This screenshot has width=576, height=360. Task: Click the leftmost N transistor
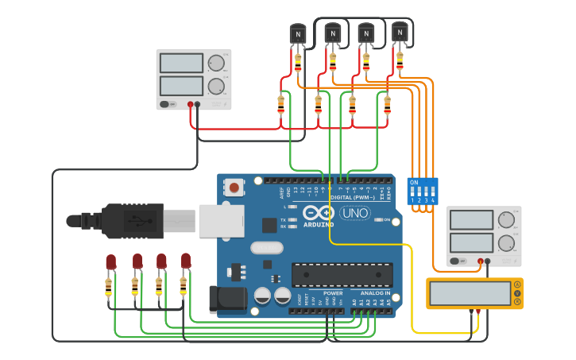tap(298, 33)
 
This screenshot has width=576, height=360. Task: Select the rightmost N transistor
tap(400, 32)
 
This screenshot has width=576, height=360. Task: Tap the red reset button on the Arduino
tap(234, 188)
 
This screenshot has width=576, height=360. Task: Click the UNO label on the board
tap(354, 213)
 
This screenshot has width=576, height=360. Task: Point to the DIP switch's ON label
tap(414, 182)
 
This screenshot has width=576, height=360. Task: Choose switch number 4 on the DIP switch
tap(432, 193)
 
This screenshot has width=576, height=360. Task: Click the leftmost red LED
tap(110, 261)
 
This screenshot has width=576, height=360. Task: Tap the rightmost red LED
tap(186, 261)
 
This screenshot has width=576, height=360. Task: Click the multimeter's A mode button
tap(518, 284)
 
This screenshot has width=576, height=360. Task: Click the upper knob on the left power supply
tap(215, 64)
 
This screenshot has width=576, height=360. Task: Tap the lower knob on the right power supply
tap(506, 242)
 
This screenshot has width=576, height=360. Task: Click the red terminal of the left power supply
tap(190, 104)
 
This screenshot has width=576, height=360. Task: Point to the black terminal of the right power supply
tap(488, 261)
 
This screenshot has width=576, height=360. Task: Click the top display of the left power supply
tap(182, 63)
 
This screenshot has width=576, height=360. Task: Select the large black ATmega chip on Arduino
tap(342, 274)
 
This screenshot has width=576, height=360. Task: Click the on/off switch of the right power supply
tap(455, 261)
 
